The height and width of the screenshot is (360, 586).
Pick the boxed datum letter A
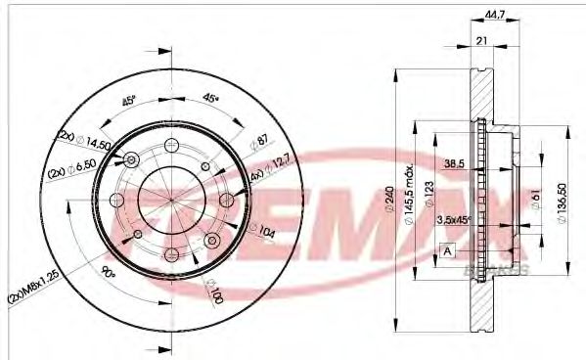[x=448, y=249]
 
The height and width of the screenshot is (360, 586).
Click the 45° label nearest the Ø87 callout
[x=209, y=98]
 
